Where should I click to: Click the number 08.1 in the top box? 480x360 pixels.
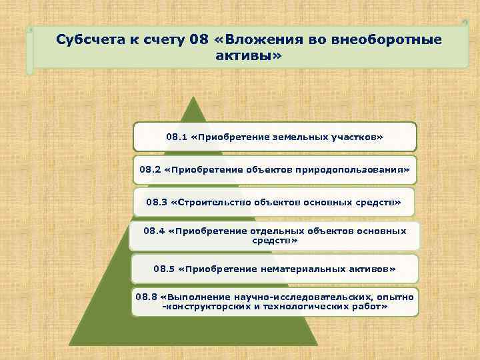click(x=176, y=137)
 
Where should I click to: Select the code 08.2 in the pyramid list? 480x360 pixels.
click(x=150, y=169)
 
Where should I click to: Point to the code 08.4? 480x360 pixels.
click(x=154, y=231)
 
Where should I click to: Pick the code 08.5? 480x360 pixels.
click(x=164, y=269)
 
